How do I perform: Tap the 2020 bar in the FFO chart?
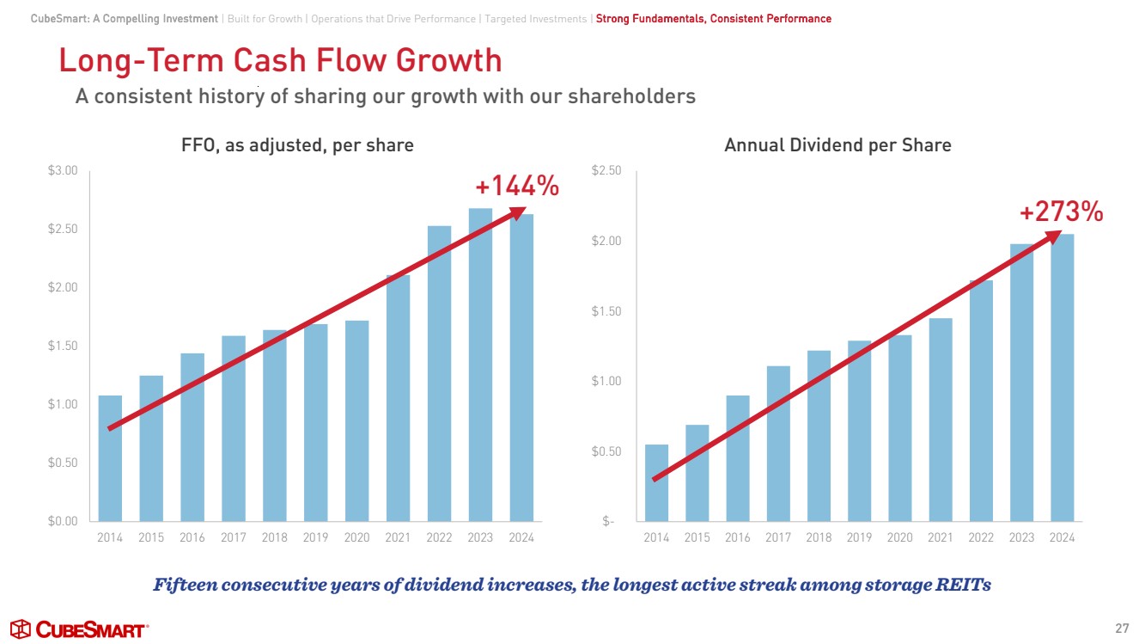click(356, 421)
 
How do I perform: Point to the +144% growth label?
click(517, 185)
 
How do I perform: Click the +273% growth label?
click(1061, 212)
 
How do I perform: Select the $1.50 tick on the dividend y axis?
click(607, 311)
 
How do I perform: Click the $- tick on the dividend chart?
click(608, 521)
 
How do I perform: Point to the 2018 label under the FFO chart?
click(274, 538)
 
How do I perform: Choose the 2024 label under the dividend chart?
click(1062, 538)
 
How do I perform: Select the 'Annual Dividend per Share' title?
click(837, 145)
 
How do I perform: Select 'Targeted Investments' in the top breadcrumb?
click(537, 19)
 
